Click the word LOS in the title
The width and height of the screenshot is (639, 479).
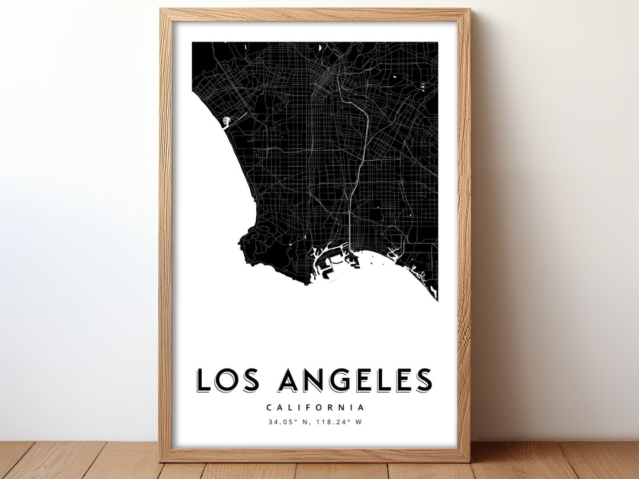click(230, 380)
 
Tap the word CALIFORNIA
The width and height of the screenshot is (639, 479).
click(315, 407)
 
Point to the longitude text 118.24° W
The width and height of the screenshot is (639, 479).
click(341, 422)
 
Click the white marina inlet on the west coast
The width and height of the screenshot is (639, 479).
click(227, 121)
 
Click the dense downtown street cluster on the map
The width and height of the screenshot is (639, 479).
click(325, 77)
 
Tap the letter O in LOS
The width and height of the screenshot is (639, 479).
click(228, 380)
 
